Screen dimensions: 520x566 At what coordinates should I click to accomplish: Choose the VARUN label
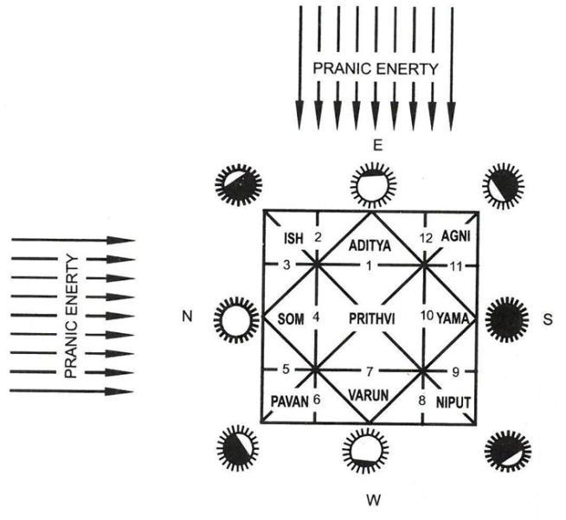click(369, 395)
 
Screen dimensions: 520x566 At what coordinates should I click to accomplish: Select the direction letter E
click(376, 145)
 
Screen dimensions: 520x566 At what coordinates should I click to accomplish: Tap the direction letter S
click(546, 318)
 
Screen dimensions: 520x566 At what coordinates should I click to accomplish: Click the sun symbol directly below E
click(371, 183)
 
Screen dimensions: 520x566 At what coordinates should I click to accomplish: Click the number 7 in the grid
click(370, 371)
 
